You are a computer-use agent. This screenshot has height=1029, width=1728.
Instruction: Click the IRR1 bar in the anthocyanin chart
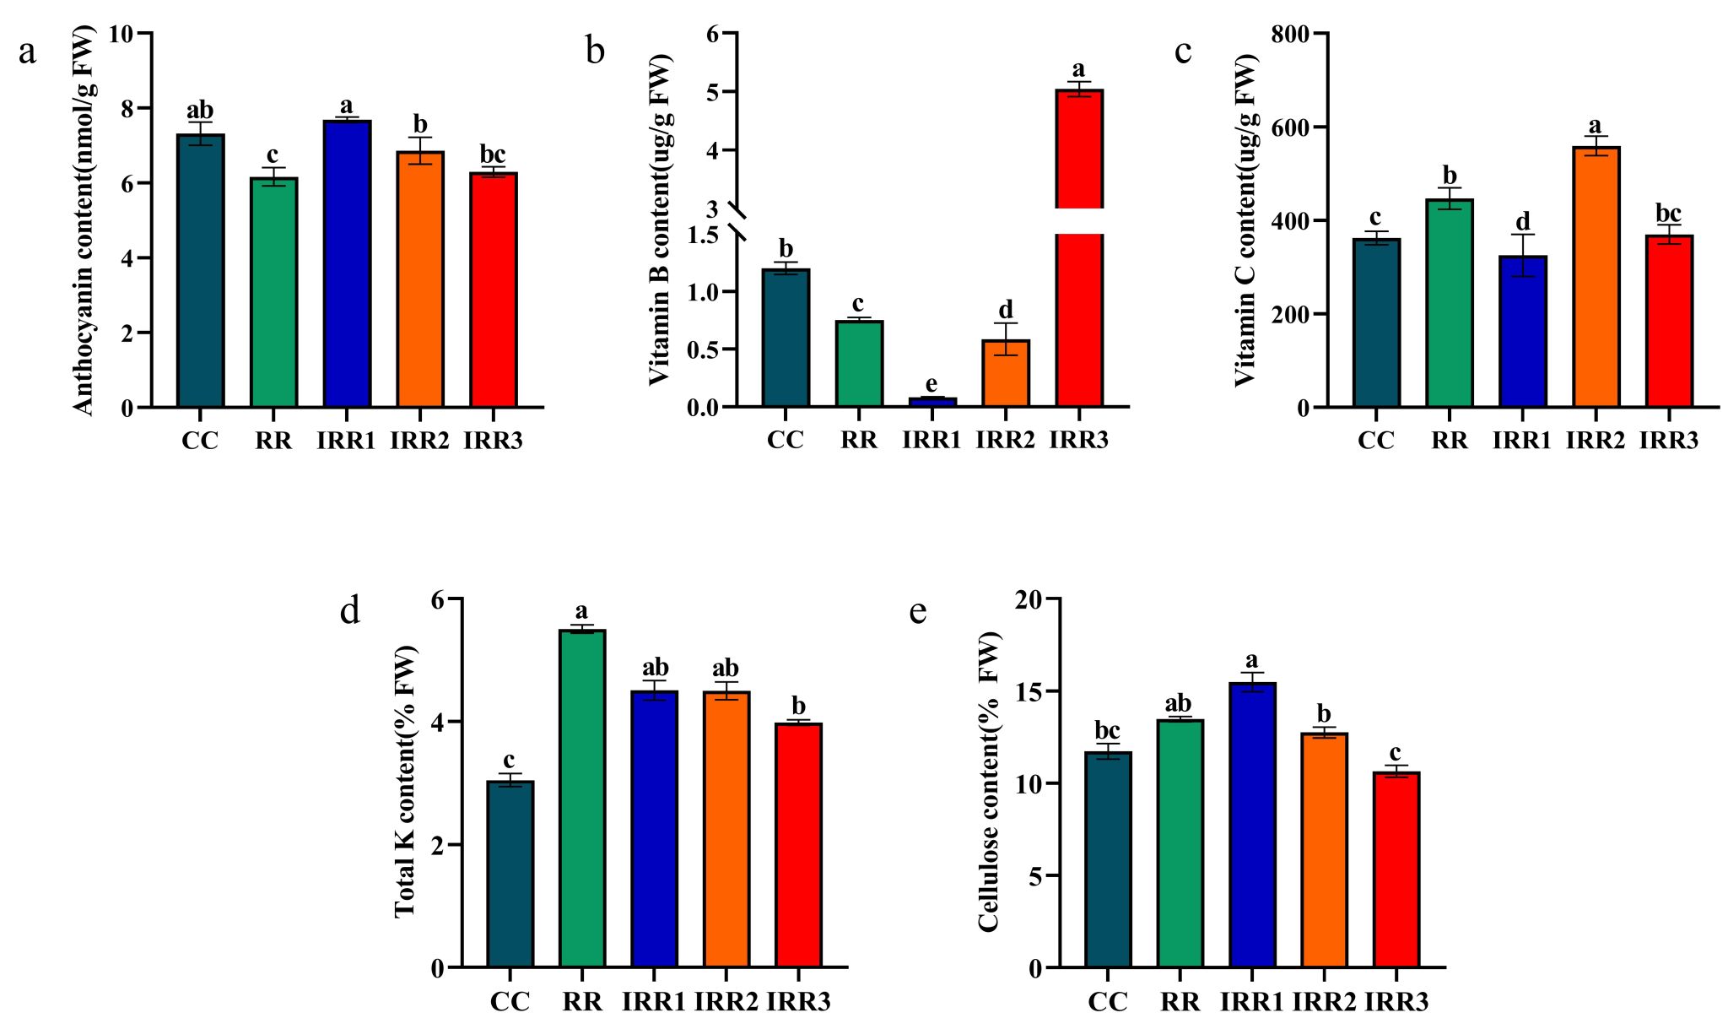click(x=347, y=263)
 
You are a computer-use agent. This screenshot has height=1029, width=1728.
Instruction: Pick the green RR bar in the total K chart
click(x=582, y=798)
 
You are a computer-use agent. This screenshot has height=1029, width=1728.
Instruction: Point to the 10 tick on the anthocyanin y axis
click(x=121, y=34)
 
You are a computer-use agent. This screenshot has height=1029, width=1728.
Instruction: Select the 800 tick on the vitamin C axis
click(x=1291, y=34)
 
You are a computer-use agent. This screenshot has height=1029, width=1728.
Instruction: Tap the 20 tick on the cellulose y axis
click(x=1027, y=598)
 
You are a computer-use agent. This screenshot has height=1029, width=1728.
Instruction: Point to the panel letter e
click(x=918, y=611)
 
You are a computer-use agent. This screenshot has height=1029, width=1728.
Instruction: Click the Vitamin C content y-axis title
click(x=1246, y=219)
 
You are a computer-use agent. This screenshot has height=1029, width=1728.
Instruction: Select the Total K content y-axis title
click(x=405, y=781)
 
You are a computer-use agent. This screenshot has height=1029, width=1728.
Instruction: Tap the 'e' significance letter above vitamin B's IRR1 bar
click(x=931, y=384)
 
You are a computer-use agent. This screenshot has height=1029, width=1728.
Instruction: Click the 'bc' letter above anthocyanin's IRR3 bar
click(x=493, y=154)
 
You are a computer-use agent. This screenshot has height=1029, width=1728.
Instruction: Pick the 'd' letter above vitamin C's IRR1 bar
click(x=1522, y=221)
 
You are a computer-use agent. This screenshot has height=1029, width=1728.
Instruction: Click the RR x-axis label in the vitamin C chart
click(x=1450, y=441)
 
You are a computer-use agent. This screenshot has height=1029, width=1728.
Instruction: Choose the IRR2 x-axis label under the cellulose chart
click(x=1324, y=1002)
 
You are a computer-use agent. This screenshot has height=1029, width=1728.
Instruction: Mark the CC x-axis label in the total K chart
click(x=510, y=1002)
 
